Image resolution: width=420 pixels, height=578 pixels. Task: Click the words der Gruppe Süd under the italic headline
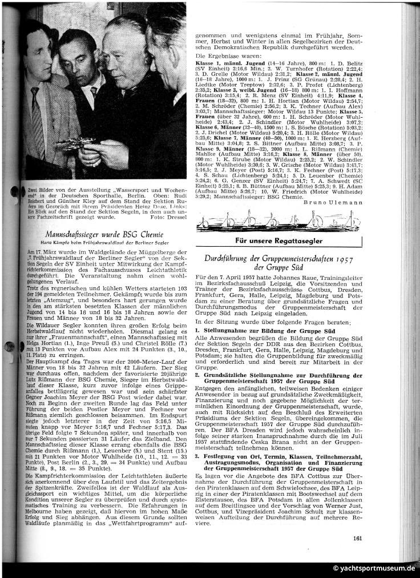pos(280,267)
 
